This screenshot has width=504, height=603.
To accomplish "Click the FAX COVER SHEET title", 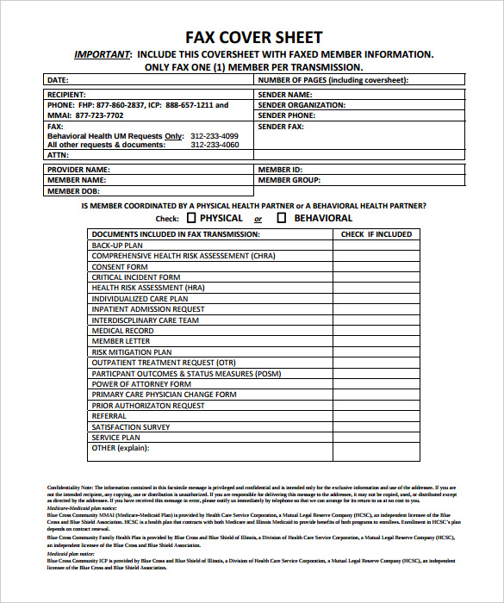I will tap(254, 37).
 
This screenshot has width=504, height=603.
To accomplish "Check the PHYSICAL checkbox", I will tap(190, 219).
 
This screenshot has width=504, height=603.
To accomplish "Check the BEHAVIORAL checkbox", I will tap(281, 219).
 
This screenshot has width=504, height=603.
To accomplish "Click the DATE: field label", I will tap(58, 80).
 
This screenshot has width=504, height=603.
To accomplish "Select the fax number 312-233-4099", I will tap(215, 136).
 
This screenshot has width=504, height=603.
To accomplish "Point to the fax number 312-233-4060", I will tap(215, 146).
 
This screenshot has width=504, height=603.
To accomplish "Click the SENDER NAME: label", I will tap(285, 95).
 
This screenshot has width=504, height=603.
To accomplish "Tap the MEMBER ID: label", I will tap(280, 170).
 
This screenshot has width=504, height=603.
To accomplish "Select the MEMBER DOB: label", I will tap(75, 191).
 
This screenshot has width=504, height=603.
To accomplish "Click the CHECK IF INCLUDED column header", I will tap(376, 234).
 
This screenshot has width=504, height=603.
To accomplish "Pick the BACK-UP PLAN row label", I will tap(117, 246).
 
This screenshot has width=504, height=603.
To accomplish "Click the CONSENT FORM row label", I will tap(120, 267).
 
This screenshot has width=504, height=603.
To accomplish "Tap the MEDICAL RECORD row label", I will tap(123, 331).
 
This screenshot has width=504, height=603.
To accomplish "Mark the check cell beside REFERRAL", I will tap(376, 416).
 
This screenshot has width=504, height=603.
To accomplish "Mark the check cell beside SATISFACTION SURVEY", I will tap(376, 427).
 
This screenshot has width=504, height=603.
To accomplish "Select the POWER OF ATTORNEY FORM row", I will tap(141, 384).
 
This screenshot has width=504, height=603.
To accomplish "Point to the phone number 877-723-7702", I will tap(99, 115).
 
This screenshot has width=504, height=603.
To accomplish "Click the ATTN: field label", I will tap(58, 156).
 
